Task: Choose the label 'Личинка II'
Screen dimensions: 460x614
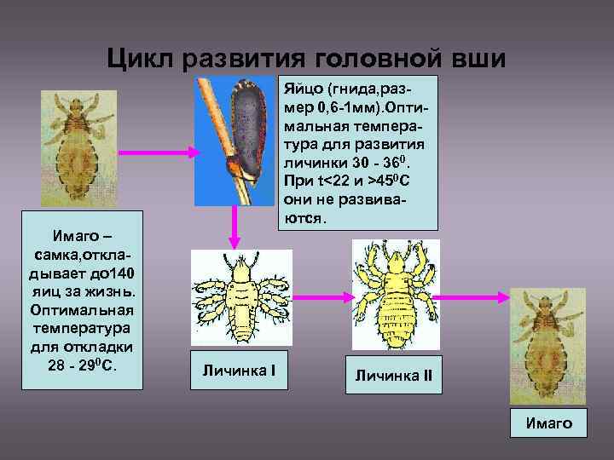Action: (394, 376)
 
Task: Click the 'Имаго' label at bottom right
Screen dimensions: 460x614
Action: (549, 423)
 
